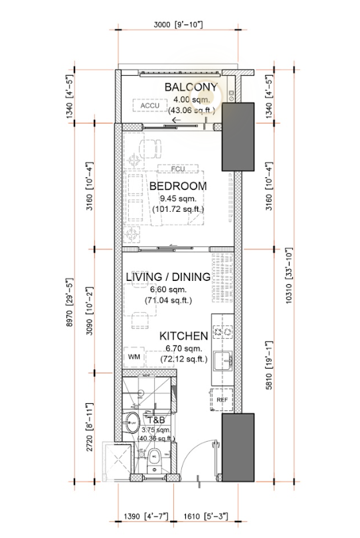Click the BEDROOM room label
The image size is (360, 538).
click(177, 186)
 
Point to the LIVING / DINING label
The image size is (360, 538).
click(177, 277)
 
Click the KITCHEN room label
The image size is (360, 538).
click(183, 336)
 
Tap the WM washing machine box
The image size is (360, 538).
click(135, 357)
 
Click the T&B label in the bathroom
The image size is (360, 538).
click(155, 420)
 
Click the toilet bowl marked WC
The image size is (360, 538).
click(153, 457)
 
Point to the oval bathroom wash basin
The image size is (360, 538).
click(132, 422)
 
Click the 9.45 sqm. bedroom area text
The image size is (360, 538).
click(177, 198)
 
